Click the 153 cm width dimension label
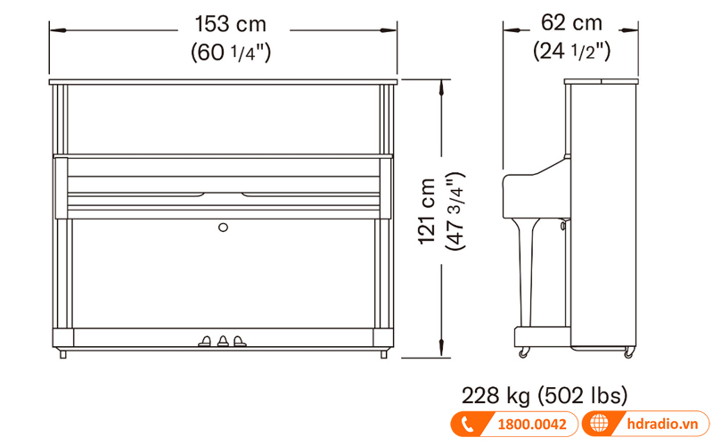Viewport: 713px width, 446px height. [231, 24]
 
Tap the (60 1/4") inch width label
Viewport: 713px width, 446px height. [231, 52]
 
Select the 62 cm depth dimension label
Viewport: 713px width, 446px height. [571, 23]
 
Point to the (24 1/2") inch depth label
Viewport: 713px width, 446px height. [571, 51]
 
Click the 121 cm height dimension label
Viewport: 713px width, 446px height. [427, 211]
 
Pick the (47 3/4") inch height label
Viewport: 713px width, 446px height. [455, 211]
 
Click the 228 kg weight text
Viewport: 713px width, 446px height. [496, 395]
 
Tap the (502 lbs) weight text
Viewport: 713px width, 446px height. [583, 395]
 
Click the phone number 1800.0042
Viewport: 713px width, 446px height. [532, 425]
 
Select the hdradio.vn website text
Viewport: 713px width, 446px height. [662, 424]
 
